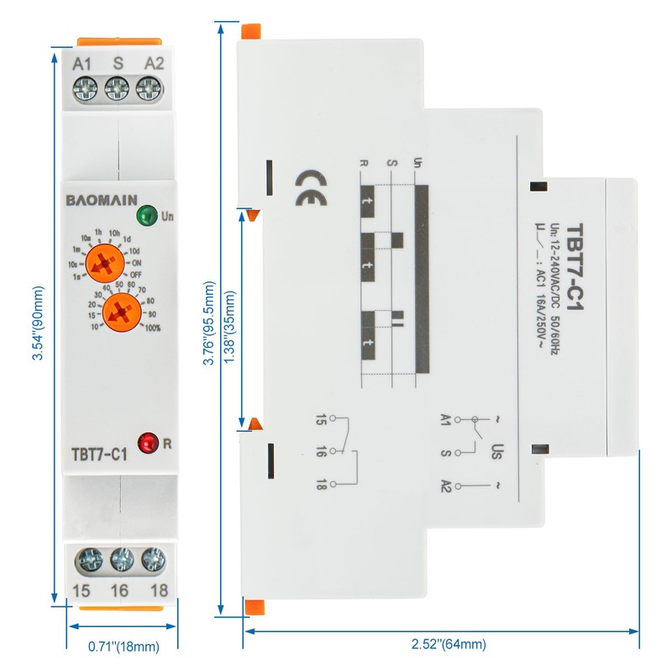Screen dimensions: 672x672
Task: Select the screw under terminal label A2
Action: [149, 87]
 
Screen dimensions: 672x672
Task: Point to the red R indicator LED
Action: [148, 440]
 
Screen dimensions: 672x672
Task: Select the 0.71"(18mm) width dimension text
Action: [123, 647]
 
